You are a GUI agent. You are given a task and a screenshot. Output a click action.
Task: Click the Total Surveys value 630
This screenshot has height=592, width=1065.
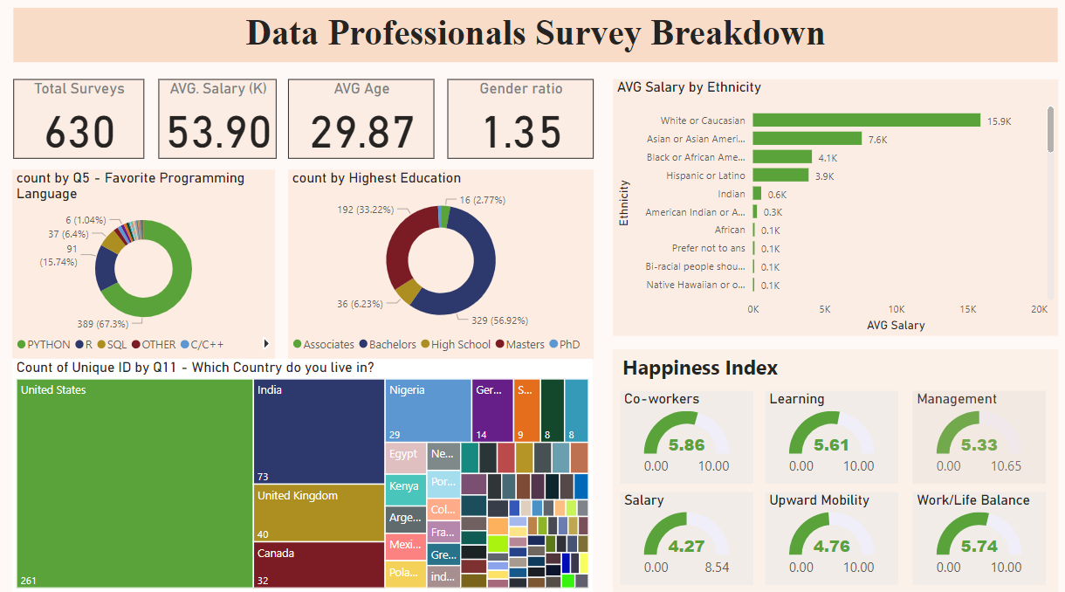tap(79, 132)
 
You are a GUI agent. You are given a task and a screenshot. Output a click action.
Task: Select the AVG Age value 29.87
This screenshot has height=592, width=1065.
tap(361, 132)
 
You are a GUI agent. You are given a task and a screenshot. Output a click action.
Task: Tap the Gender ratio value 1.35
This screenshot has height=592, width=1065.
tap(521, 132)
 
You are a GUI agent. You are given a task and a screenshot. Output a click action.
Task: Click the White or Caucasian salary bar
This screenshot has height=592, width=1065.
tap(866, 120)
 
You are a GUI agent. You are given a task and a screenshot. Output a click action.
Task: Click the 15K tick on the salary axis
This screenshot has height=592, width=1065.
tap(967, 309)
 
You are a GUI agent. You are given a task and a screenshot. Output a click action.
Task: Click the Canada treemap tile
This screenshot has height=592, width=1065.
tap(319, 565)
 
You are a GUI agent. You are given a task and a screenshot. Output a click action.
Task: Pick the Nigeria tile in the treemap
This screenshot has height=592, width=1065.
tap(428, 410)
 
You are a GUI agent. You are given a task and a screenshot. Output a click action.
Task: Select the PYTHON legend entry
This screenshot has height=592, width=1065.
tap(44, 345)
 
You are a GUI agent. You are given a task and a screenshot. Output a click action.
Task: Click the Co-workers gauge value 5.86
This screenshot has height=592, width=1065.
tap(686, 445)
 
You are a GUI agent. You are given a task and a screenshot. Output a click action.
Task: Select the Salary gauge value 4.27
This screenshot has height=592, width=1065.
tap(686, 547)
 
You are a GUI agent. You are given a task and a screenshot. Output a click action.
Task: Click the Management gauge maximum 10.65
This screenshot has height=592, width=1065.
tap(1007, 466)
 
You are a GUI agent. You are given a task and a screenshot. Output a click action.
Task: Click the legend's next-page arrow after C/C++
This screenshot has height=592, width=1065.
tap(266, 344)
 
